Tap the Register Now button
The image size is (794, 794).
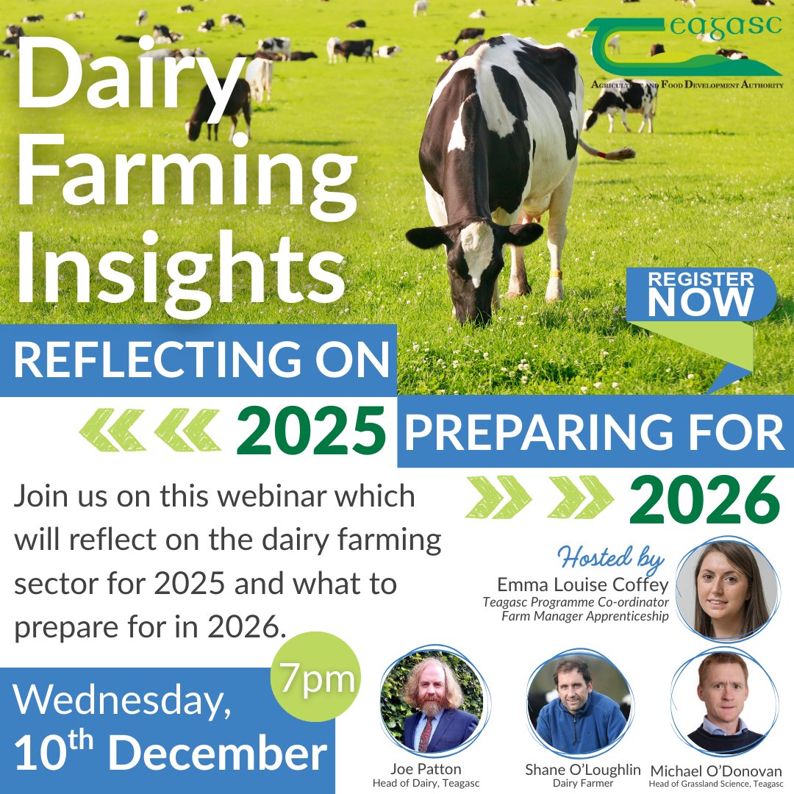[700, 294]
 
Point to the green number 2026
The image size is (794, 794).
[704, 501]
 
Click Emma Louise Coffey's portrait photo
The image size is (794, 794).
[724, 589]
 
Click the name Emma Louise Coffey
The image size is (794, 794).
[583, 585]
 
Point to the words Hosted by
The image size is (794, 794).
[611, 559]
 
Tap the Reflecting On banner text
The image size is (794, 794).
[200, 360]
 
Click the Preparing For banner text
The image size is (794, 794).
[595, 432]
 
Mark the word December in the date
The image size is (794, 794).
[221, 754]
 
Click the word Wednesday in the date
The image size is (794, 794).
[121, 702]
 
